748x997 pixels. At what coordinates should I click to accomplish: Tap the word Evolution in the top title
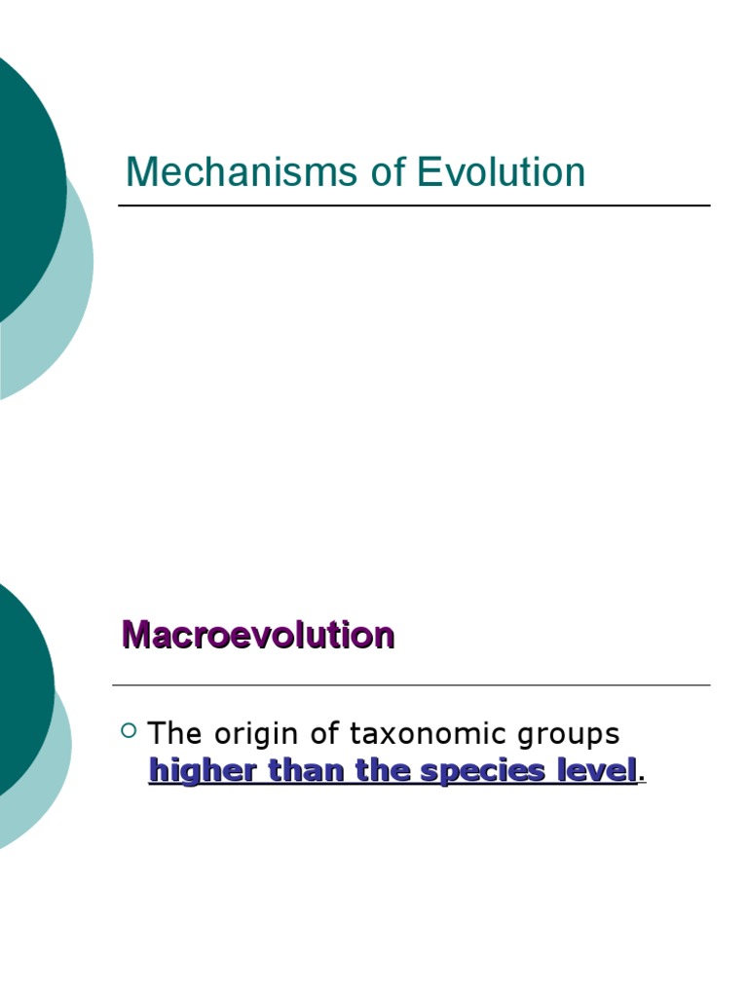coord(502,173)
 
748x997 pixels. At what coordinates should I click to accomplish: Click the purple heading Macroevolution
coord(258,636)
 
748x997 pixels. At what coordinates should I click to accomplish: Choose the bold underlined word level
coord(597,770)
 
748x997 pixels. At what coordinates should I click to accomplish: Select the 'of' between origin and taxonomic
coord(318,733)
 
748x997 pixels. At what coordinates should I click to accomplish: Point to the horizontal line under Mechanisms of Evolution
coord(414,205)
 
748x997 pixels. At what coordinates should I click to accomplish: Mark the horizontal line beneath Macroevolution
coord(411,685)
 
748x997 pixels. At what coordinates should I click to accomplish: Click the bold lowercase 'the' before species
coord(386,770)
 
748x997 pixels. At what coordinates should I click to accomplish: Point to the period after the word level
coord(643,777)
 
